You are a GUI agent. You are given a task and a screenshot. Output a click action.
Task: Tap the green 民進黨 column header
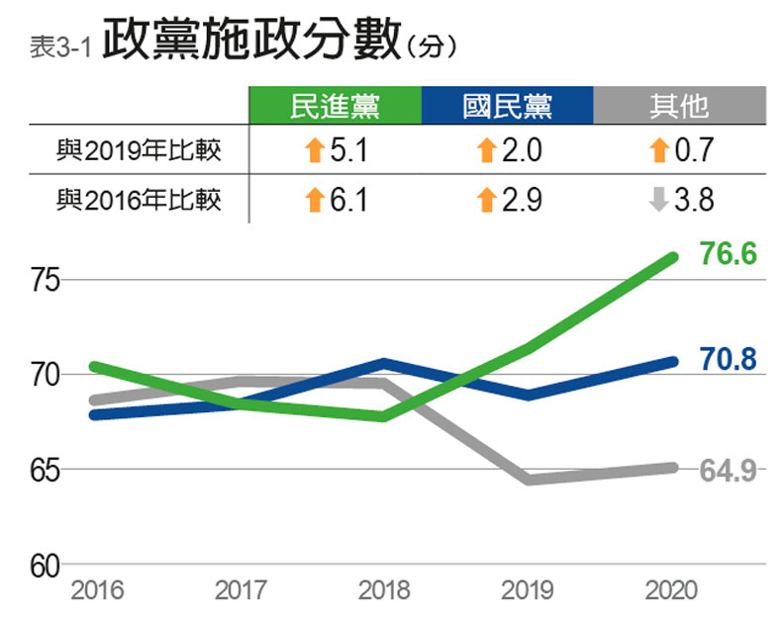[x=336, y=106]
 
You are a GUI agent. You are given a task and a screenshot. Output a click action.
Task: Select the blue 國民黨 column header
[x=507, y=106]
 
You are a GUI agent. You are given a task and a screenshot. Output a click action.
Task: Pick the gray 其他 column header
[x=678, y=106]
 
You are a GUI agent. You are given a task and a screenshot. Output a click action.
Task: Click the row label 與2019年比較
[x=139, y=151]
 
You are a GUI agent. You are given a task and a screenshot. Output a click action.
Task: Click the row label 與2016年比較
[x=139, y=201]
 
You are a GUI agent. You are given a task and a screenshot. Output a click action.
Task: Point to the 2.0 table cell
[x=508, y=151]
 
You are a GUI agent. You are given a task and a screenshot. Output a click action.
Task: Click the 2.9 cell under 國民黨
[x=508, y=201]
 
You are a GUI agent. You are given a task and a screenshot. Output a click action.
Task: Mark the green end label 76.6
[x=728, y=255]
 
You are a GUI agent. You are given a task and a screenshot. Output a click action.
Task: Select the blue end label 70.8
[x=728, y=360]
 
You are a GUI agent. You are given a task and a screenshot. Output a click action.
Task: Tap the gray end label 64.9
[x=728, y=471]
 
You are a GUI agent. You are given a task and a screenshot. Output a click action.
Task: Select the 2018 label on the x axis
[x=384, y=591]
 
